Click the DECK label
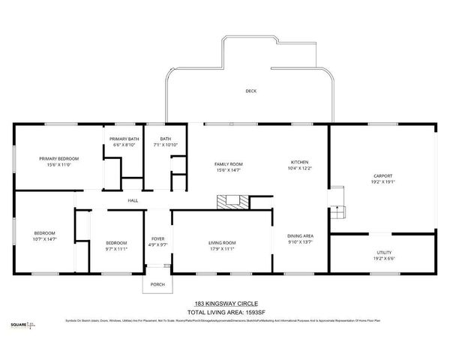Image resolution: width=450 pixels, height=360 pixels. [250, 91]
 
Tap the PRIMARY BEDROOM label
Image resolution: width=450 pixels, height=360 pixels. [59, 158]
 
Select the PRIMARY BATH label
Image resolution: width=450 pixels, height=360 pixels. [123, 139]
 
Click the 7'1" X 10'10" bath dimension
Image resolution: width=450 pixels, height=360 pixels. [164, 144]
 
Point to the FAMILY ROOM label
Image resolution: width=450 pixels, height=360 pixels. [228, 163]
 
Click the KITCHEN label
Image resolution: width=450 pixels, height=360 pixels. [300, 162]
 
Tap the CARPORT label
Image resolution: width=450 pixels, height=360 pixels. [382, 176]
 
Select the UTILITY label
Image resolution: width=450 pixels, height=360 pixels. [383, 252]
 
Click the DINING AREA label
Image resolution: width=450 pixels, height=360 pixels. [300, 236]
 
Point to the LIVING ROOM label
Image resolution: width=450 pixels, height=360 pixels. [222, 242]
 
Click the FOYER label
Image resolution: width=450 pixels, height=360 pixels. [157, 238]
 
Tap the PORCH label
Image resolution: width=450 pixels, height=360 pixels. [157, 284]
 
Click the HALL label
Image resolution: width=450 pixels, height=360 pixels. [133, 200]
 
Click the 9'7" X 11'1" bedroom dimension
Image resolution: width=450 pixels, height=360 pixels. [116, 247]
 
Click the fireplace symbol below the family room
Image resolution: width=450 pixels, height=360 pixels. [232, 200]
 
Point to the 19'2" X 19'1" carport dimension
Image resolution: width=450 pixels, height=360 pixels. [383, 181]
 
